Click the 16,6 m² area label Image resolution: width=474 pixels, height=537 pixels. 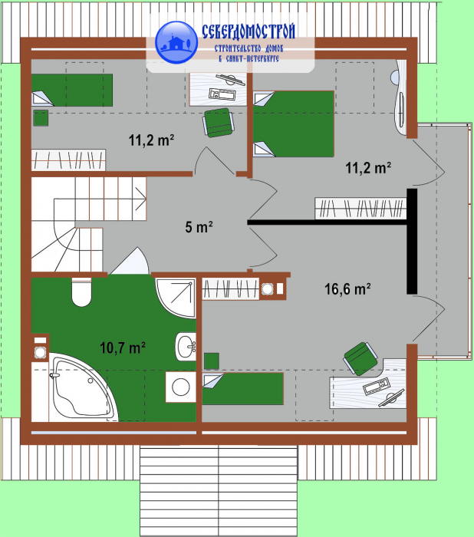[347, 289]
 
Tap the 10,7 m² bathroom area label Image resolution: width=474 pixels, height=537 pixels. [122, 348]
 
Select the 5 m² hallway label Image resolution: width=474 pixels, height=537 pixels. [199, 227]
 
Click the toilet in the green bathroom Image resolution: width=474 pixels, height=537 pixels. [81, 292]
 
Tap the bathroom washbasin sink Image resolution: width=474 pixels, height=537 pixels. [186, 347]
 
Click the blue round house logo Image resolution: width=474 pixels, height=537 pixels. [176, 42]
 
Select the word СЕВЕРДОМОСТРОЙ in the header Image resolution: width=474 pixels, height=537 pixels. [249, 32]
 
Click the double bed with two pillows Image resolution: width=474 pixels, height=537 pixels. [294, 124]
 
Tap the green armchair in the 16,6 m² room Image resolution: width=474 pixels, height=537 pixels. [361, 358]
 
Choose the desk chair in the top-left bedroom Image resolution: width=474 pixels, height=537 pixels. [219, 122]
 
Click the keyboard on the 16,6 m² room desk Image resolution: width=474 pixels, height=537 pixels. [377, 386]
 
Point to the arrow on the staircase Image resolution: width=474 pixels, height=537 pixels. [141, 199]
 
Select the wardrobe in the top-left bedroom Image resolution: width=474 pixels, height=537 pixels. [68, 160]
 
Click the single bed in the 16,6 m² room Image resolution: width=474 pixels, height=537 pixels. [242, 389]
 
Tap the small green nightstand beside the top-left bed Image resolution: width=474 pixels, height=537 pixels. [41, 118]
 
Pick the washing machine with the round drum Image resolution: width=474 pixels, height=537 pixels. [181, 387]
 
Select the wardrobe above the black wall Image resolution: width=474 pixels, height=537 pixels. [360, 208]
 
